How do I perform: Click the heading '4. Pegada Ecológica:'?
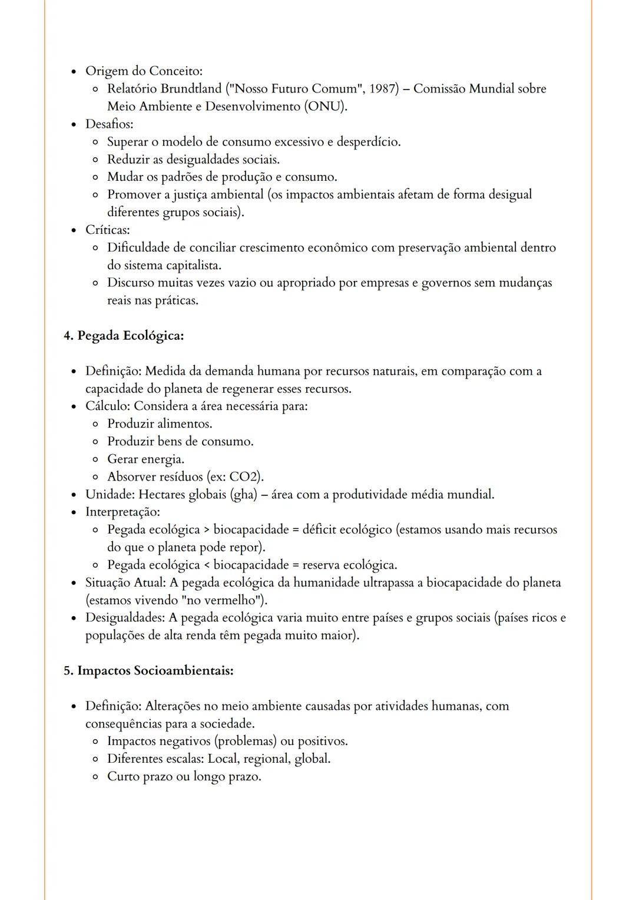click(x=124, y=336)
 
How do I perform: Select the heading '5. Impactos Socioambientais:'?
click(x=148, y=671)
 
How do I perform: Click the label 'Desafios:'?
click(x=110, y=124)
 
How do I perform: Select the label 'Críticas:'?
click(x=108, y=230)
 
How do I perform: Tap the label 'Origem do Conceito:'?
click(x=144, y=71)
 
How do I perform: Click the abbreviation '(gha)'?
click(x=243, y=494)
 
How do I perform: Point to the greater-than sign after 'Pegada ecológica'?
click(x=207, y=530)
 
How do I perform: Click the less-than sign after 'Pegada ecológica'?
click(x=207, y=565)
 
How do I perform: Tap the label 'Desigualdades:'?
click(x=125, y=618)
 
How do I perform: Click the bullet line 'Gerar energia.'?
click(x=145, y=459)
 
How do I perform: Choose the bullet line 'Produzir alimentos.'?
click(x=160, y=423)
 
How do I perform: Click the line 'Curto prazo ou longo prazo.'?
click(x=184, y=776)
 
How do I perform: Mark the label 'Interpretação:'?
click(x=122, y=512)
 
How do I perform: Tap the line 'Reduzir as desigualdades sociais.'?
click(x=193, y=160)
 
